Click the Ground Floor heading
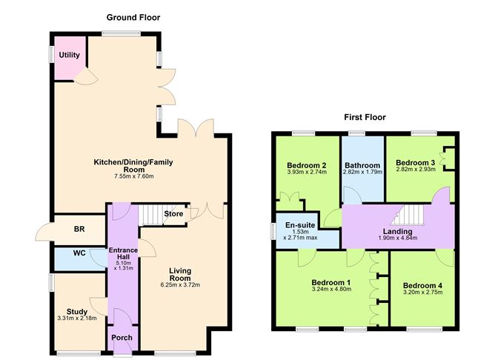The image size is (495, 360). click(133, 17)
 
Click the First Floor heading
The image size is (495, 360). click(365, 117)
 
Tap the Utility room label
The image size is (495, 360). click(70, 56)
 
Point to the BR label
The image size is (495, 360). click(79, 229)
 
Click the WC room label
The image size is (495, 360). click(79, 253)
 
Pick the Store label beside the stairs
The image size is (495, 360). click(173, 214)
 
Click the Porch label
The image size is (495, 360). click(122, 338)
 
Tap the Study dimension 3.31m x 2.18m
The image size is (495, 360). click(77, 319)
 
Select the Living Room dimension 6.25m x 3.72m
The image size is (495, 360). click(180, 285)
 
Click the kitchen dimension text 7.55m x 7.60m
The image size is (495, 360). click(134, 176)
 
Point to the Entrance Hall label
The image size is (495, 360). click(123, 253)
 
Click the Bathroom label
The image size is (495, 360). click(362, 165)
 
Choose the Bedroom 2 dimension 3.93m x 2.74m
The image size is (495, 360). click(307, 172)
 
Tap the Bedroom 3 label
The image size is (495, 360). click(416, 163)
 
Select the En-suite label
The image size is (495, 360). click(300, 225)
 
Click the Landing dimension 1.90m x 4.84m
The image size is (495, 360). click(398, 238)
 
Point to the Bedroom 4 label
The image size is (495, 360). click(422, 286)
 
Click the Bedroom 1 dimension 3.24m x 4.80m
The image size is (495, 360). click(331, 289)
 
